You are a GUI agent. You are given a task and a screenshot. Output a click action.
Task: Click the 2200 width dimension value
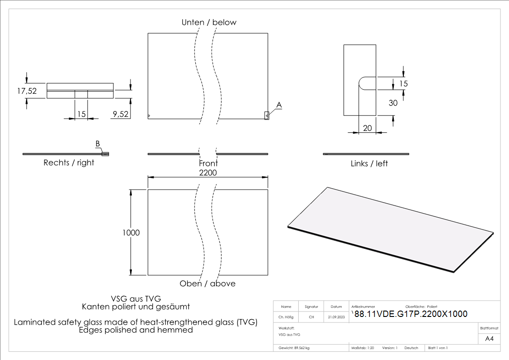(x=208, y=173)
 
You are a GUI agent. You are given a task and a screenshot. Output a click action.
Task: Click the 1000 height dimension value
(x=131, y=233)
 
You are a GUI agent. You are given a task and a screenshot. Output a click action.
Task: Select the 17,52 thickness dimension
(x=27, y=91)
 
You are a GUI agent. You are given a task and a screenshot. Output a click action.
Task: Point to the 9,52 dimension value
(x=120, y=114)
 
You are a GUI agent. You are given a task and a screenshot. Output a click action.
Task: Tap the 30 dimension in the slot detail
(x=393, y=103)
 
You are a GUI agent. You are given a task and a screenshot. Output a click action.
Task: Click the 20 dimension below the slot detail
(x=368, y=128)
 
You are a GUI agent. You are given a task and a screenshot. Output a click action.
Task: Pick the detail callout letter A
(x=279, y=105)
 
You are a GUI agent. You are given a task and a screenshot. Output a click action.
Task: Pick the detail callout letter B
(x=97, y=144)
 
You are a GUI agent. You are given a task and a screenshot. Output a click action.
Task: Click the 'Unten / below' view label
(x=209, y=22)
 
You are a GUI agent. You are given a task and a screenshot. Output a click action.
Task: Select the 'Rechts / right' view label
(x=69, y=163)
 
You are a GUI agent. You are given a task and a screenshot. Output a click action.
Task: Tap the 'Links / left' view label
(x=369, y=163)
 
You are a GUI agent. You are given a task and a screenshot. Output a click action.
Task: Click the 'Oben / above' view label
(x=208, y=283)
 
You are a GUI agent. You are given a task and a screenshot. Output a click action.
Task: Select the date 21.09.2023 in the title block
(x=336, y=317)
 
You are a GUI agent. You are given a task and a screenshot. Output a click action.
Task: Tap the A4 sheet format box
(x=489, y=339)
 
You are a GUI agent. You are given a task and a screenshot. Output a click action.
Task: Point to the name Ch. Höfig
(x=286, y=317)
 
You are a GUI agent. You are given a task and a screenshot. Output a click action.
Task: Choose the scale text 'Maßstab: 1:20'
(x=363, y=348)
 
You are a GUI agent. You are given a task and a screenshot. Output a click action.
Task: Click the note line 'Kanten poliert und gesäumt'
(x=136, y=306)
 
